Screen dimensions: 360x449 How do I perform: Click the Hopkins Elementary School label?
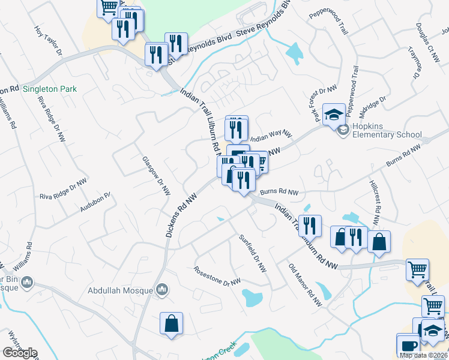[x=387, y=135]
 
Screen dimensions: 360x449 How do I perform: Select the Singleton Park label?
[x=50, y=89]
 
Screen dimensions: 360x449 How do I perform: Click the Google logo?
[x=20, y=353]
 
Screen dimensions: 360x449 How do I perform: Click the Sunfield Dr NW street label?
[x=252, y=254]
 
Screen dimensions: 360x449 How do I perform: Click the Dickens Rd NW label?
[x=182, y=214]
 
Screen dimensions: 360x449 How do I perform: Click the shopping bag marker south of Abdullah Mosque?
[x=171, y=323]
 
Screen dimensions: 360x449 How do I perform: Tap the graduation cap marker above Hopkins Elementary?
[x=334, y=113]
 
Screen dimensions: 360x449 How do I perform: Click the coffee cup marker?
[x=409, y=346]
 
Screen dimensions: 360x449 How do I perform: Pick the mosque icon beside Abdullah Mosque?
[x=161, y=290]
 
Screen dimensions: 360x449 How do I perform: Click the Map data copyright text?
[x=423, y=355]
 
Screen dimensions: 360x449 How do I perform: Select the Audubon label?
[x=95, y=203]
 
